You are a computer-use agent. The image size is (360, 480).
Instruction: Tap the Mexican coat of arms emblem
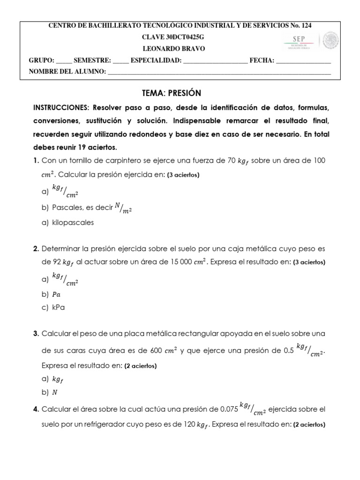[x=334, y=40]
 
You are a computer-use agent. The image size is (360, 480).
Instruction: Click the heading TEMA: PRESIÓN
[x=171, y=93]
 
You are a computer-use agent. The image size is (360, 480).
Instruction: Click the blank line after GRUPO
[x=64, y=61]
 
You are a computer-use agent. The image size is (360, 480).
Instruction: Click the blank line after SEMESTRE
[x=120, y=61]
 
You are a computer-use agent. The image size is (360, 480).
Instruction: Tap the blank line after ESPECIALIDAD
[x=215, y=61]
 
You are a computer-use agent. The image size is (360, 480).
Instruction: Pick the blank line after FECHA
[x=303, y=61]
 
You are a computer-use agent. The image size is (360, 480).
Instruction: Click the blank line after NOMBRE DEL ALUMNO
[x=219, y=72]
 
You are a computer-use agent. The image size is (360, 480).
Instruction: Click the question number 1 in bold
[x=36, y=161]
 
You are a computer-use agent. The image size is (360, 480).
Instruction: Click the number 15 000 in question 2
[x=182, y=262]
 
